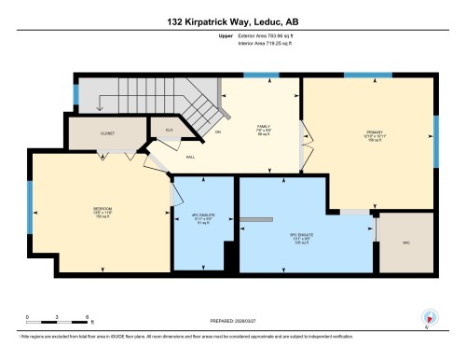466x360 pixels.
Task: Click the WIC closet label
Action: click(x=407, y=244)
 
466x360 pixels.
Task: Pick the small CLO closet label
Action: click(x=170, y=130)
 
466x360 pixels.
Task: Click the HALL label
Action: click(x=189, y=159)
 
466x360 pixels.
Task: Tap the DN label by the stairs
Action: click(x=218, y=132)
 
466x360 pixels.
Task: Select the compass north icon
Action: click(x=429, y=316)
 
